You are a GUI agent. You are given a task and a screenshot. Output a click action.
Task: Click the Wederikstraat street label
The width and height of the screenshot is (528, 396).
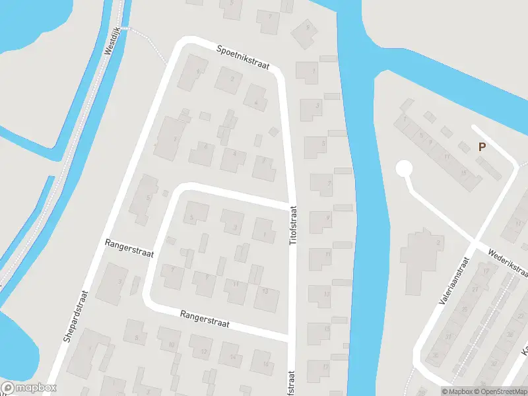pos(509,262)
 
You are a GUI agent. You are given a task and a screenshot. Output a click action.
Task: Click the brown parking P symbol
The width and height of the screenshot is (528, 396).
pos(482,147)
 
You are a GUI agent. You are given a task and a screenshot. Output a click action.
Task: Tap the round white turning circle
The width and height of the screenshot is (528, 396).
pos(403,169)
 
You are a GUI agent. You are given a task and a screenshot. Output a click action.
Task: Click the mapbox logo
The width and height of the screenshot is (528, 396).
pos(28,388)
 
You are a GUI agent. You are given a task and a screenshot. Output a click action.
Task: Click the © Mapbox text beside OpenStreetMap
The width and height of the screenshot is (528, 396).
pos(457,391)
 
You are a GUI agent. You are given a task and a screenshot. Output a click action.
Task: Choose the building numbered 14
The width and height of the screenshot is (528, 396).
pos(232,357)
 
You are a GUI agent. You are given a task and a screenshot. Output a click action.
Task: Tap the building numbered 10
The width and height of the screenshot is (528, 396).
pos(171,345)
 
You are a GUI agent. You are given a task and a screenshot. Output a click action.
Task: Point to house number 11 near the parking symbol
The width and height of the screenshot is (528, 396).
pos(447,157)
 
